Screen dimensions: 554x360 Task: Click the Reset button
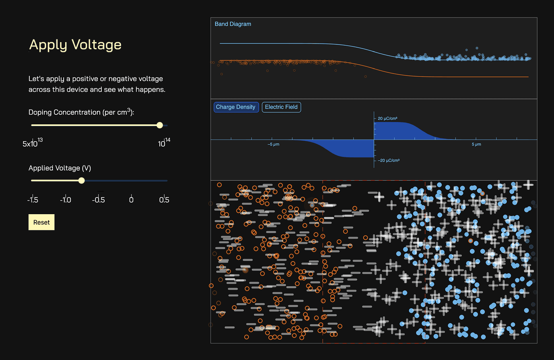(x=41, y=222)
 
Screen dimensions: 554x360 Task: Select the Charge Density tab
(x=236, y=107)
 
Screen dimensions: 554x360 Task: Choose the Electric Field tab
(x=281, y=107)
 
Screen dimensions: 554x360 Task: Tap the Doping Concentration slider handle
(x=160, y=125)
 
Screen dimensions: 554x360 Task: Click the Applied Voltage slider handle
(x=81, y=180)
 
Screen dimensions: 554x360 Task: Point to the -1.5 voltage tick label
(x=33, y=199)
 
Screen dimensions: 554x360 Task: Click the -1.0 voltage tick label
(x=66, y=199)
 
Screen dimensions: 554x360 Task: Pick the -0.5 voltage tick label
(x=99, y=199)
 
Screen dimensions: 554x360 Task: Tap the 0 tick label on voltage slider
(x=131, y=199)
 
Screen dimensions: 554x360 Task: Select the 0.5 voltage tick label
(x=164, y=199)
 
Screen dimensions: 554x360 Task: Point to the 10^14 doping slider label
(x=164, y=142)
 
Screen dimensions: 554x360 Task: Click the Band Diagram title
(x=233, y=24)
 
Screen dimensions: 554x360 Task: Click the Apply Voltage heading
(x=75, y=45)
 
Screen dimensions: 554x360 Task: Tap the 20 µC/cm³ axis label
(x=387, y=118)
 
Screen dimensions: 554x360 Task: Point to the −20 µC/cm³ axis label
(x=389, y=161)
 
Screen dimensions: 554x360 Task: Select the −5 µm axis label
(x=273, y=144)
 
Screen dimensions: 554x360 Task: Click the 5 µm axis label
(x=477, y=144)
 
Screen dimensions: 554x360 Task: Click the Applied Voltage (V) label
(x=60, y=168)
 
